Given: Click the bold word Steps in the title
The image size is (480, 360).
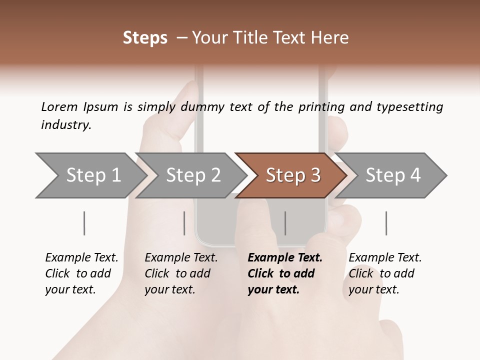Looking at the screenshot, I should pos(145,38).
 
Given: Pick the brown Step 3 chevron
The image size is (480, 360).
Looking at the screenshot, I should pos(293,175).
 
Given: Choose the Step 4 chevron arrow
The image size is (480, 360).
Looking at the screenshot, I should pos(393,175).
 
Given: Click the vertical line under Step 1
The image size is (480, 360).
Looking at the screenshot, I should pos(84,223).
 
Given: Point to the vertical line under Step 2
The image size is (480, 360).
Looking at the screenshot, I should pos(184,223).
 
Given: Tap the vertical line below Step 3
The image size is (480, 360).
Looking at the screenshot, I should pos(285,223).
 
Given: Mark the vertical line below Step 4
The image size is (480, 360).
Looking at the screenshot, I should pos(386,223).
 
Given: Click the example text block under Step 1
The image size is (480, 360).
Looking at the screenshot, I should pos(81,273).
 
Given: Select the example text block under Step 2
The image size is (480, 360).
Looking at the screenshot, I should pos(181,273).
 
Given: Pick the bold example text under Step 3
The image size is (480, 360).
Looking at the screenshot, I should pos(285,273).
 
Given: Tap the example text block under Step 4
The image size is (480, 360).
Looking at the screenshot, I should pos(385,273).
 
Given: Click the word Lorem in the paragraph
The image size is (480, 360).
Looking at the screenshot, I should pos(59,106).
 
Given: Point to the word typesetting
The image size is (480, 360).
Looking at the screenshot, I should pos(410,106).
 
